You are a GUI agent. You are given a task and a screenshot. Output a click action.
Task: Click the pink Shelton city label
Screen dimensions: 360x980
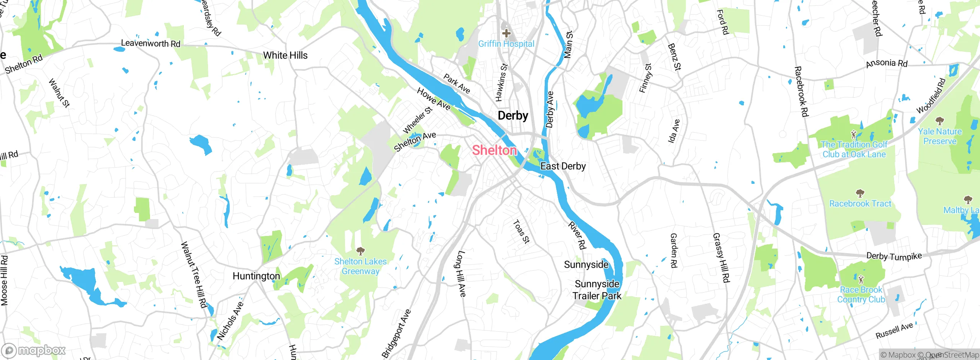coord(494,150)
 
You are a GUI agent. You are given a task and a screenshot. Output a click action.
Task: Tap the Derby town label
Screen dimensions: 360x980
coord(513,115)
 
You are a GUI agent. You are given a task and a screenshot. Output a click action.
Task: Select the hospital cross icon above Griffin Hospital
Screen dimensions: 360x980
coord(506,33)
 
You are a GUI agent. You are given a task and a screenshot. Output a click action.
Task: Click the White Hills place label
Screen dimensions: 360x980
coord(285,56)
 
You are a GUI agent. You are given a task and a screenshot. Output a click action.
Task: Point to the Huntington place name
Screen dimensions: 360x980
coord(256,276)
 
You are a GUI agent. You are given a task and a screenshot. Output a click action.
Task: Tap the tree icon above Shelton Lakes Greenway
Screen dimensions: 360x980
coord(360,251)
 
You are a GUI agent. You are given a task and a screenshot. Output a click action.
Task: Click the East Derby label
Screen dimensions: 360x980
coord(563,166)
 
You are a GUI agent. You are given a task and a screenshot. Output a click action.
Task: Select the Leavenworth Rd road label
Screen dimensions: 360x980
coord(150,43)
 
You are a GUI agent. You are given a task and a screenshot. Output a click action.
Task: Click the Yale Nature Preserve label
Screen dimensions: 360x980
coord(939,136)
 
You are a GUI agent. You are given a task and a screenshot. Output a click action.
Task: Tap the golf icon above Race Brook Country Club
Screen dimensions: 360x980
coord(861,280)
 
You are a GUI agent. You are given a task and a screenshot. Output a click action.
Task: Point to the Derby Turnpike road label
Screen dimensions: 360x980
coord(894,256)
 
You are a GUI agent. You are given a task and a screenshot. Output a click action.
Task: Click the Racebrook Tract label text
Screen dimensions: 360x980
coord(860,204)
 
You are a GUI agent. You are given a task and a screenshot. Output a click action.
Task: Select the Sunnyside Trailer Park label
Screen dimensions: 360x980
coord(597,290)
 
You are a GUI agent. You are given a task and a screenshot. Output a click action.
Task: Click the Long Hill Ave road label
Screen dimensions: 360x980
coord(461,273)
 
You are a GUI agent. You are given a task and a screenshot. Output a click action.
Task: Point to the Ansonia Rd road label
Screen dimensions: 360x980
coord(887,63)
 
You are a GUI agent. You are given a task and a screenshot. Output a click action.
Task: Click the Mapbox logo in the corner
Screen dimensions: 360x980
coord(34,350)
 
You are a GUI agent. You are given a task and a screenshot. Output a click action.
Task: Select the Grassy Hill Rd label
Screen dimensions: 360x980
coord(721,257)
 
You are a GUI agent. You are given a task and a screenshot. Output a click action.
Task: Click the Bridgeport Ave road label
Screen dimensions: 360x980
coord(396,333)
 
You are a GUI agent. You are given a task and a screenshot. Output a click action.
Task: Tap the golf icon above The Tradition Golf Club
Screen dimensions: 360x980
coord(854,134)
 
